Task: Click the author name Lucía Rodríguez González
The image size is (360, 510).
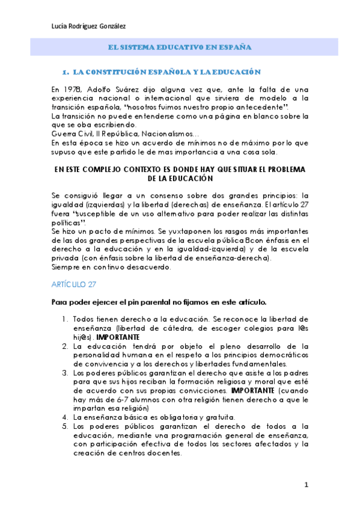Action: coord(90,25)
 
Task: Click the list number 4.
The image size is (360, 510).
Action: coord(66,416)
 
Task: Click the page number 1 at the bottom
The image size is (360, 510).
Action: coord(306,484)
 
